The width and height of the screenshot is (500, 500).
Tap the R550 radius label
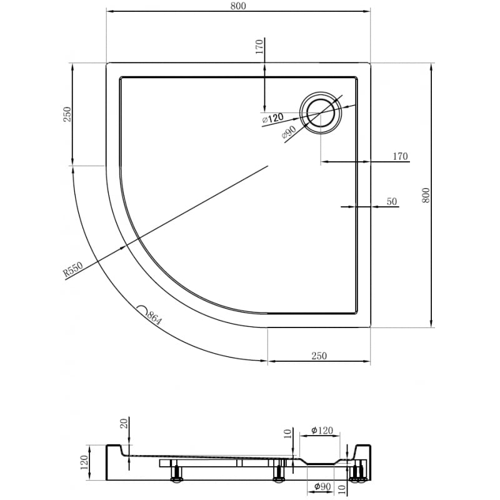point(73,270)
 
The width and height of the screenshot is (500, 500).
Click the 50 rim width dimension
point(392,201)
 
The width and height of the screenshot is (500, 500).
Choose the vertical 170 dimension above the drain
point(260,47)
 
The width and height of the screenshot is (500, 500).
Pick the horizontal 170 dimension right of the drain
point(400,156)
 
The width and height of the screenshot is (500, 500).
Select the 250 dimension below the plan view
point(319,356)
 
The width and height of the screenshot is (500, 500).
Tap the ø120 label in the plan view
point(272,117)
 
